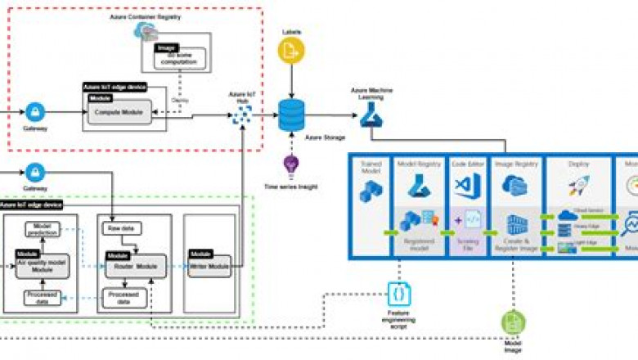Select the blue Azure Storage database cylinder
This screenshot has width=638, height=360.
point(291,115)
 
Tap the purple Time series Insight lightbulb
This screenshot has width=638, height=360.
point(290,166)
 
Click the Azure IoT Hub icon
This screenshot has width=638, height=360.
point(242,115)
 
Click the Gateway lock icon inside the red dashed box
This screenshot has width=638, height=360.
point(35,111)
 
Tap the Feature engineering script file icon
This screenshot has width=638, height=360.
point(398,292)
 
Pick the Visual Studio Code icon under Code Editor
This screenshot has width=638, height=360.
point(466,187)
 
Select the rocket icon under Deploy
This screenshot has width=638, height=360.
point(578,187)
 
